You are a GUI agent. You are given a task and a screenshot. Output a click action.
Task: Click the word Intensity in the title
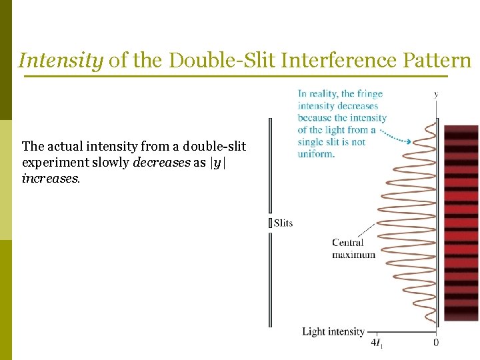(61, 61)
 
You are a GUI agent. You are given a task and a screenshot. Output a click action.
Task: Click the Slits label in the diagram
(283, 223)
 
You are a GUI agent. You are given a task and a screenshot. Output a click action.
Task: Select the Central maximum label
(353, 249)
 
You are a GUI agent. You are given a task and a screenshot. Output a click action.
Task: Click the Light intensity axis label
(333, 331)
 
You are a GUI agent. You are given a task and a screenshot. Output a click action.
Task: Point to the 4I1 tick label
(377, 344)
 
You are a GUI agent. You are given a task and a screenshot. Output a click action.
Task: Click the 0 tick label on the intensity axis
(436, 343)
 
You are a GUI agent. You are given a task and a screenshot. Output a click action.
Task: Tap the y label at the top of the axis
(436, 95)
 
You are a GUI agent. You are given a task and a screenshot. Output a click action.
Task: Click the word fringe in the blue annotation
(369, 94)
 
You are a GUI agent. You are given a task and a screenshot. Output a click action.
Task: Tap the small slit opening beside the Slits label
(270, 223)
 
